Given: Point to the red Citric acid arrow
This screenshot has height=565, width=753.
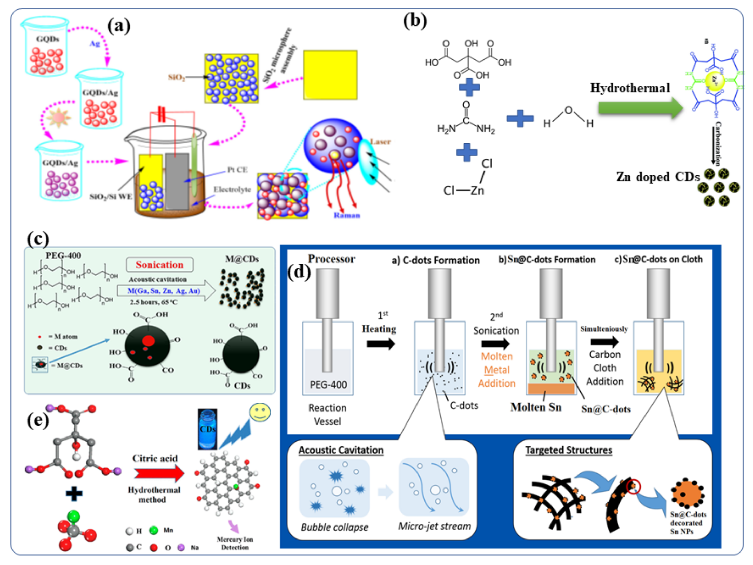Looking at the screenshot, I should tap(159, 473).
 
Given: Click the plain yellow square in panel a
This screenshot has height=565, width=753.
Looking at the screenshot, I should tap(330, 75).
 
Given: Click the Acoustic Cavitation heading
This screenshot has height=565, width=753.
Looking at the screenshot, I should tap(341, 450).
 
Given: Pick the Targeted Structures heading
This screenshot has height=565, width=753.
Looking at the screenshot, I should tap(569, 450).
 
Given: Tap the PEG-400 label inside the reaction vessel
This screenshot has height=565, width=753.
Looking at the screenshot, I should tap(328, 385).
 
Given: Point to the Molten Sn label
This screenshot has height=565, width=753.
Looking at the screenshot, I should tap(536, 407).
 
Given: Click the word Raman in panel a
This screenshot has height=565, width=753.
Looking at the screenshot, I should tap(346, 215).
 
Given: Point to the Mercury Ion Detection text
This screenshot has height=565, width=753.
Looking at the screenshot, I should tap(235, 543).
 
